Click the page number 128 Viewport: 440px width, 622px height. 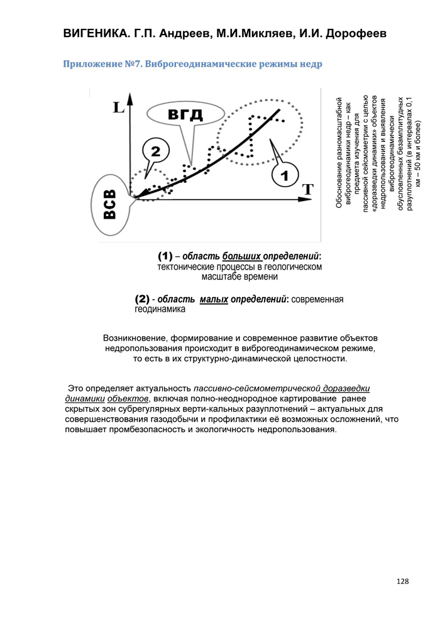(403, 582)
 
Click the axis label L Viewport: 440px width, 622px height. (118, 107)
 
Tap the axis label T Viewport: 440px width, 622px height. (307, 188)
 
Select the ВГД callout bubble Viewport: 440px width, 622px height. (185, 114)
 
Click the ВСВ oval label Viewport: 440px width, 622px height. (110, 207)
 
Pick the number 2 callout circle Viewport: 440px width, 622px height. (155, 151)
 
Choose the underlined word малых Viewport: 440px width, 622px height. (214, 300)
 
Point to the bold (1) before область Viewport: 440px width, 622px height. (165, 257)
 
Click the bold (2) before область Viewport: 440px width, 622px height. (143, 300)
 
